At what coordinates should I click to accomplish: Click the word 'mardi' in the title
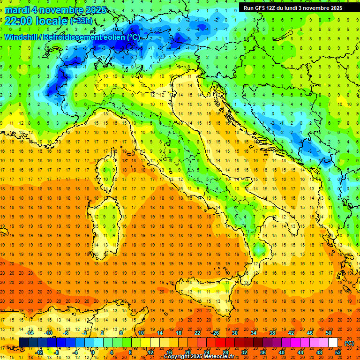[17, 10]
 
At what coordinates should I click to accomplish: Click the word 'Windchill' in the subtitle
[21, 37]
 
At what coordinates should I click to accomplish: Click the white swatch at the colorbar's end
[333, 343]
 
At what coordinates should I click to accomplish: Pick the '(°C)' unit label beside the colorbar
[349, 343]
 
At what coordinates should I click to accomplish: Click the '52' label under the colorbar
[338, 352]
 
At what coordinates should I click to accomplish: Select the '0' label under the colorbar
[93, 352]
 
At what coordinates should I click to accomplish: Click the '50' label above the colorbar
[328, 333]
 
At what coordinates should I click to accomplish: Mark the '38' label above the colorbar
[272, 333]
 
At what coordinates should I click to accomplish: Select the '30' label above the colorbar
[234, 333]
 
